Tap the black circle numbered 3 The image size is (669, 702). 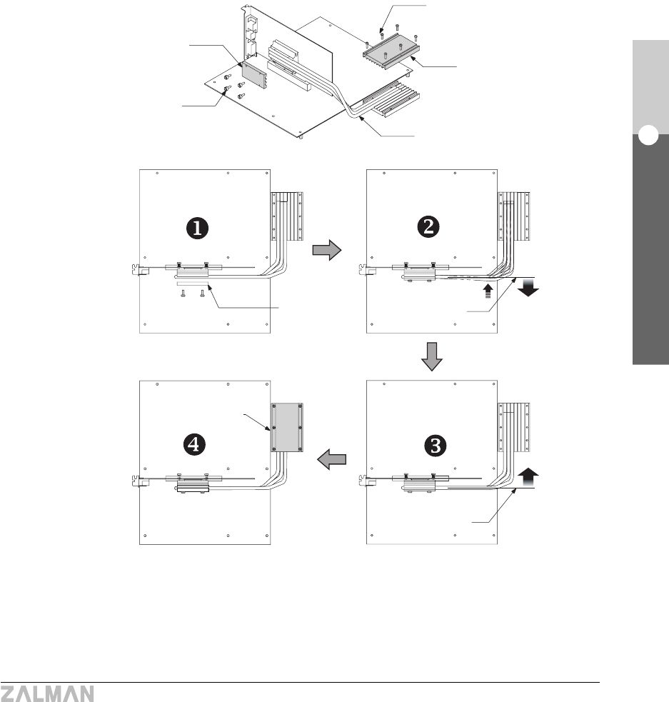coord(436,444)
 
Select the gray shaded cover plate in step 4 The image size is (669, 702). coord(287,428)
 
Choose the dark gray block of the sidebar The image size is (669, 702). coord(648,257)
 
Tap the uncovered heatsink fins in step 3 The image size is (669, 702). coord(515,428)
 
